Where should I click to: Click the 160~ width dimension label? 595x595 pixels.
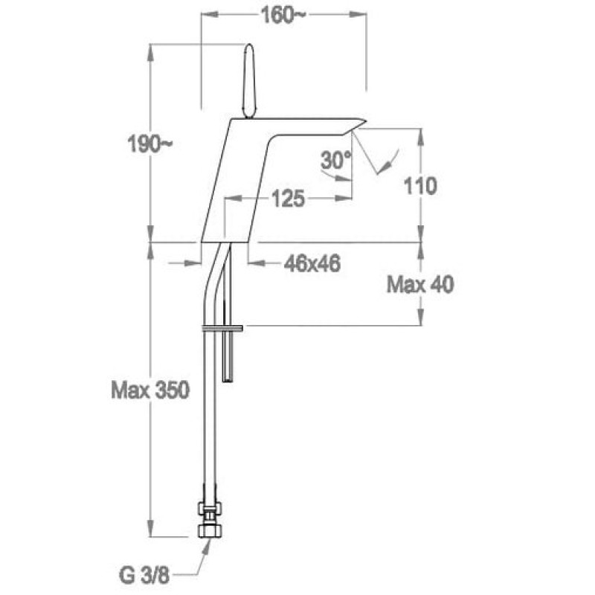coord(283,16)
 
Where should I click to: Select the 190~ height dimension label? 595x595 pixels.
coord(149,144)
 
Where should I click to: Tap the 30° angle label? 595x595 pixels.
coord(336,159)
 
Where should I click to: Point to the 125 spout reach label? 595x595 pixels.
coord(288,199)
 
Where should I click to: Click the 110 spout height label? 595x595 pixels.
coord(420,186)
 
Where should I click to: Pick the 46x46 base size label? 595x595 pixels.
coord(312,263)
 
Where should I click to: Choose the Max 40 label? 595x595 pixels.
coord(420,284)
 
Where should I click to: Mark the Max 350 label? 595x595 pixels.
coord(150,390)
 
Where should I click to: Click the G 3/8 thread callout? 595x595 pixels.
coord(144,576)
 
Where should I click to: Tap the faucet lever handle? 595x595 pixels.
coord(249,81)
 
